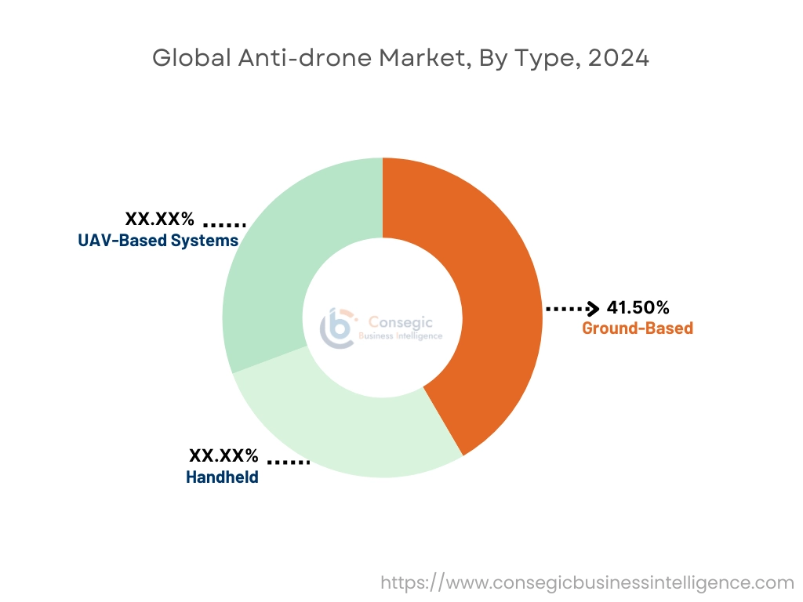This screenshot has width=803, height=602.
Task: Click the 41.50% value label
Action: [x=638, y=308]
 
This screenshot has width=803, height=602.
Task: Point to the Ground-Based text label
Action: [x=637, y=328]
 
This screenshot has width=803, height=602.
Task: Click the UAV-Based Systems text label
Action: [x=158, y=241]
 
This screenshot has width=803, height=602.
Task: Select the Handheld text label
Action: [x=222, y=477]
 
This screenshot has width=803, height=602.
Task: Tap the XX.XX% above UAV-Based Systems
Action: [x=159, y=219]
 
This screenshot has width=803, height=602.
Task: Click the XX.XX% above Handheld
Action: [x=223, y=455]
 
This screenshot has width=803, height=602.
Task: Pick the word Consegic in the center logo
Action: [x=400, y=321]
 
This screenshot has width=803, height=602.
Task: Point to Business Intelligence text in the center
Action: [x=400, y=336]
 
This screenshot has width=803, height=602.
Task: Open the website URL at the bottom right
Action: [x=587, y=582]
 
